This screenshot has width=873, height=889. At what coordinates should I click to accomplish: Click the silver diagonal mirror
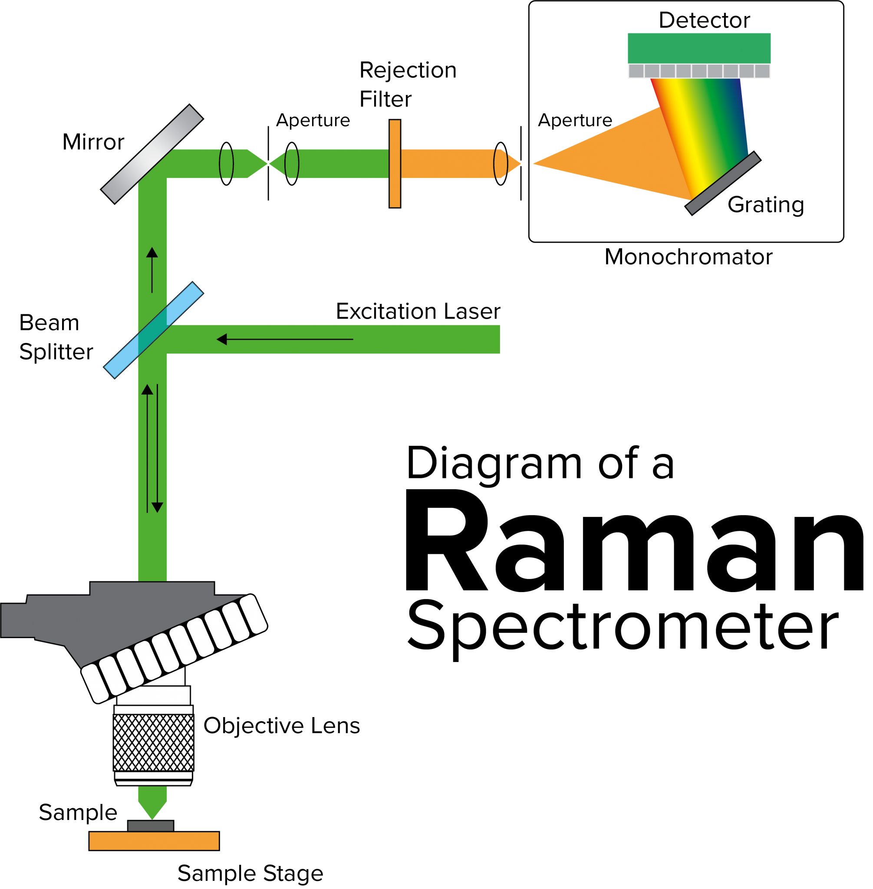(152, 154)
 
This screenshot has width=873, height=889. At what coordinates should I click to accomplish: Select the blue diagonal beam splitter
(153, 330)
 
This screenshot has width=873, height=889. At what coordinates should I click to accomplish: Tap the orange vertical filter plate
(395, 164)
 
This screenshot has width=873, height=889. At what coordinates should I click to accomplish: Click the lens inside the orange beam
(500, 164)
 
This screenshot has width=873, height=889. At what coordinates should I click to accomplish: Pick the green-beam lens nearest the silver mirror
(227, 164)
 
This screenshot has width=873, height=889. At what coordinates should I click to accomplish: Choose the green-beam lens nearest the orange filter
(292, 164)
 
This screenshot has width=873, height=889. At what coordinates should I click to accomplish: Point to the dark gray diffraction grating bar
(723, 183)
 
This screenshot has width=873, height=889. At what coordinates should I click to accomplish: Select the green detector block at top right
(699, 48)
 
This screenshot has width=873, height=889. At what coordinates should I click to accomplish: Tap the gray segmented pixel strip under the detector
(699, 72)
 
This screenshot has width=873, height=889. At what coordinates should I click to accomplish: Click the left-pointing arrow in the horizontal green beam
(284, 339)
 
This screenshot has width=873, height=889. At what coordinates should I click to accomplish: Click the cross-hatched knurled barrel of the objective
(154, 743)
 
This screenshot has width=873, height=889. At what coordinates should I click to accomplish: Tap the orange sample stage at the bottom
(154, 841)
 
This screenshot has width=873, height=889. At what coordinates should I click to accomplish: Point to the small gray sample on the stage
(150, 826)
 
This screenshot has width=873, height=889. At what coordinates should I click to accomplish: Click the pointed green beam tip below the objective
(152, 805)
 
